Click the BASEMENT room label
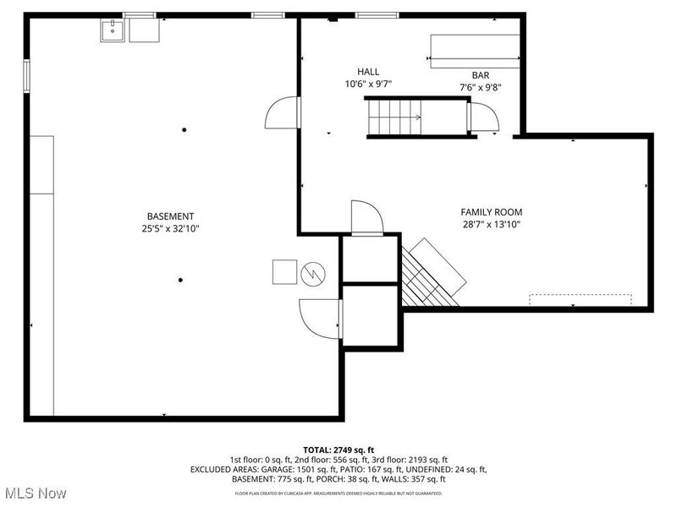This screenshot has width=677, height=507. (x=170, y=215)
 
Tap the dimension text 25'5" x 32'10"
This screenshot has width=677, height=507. (x=170, y=228)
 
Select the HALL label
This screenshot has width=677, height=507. (x=368, y=72)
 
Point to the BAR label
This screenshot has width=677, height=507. (x=481, y=75)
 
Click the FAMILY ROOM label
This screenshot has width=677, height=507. (x=491, y=212)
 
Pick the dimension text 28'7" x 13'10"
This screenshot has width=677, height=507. (x=491, y=225)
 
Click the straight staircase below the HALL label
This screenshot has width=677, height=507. (x=394, y=117)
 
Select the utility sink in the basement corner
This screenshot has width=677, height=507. (x=113, y=30)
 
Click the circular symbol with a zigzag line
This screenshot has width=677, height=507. (x=313, y=273)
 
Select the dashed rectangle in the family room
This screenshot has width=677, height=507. (x=581, y=300)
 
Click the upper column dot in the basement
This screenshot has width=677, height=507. (x=184, y=129)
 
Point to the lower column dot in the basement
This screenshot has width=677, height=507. (x=180, y=280)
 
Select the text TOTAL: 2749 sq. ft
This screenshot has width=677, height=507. (x=338, y=449)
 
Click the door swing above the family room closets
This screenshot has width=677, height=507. (x=366, y=216)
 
